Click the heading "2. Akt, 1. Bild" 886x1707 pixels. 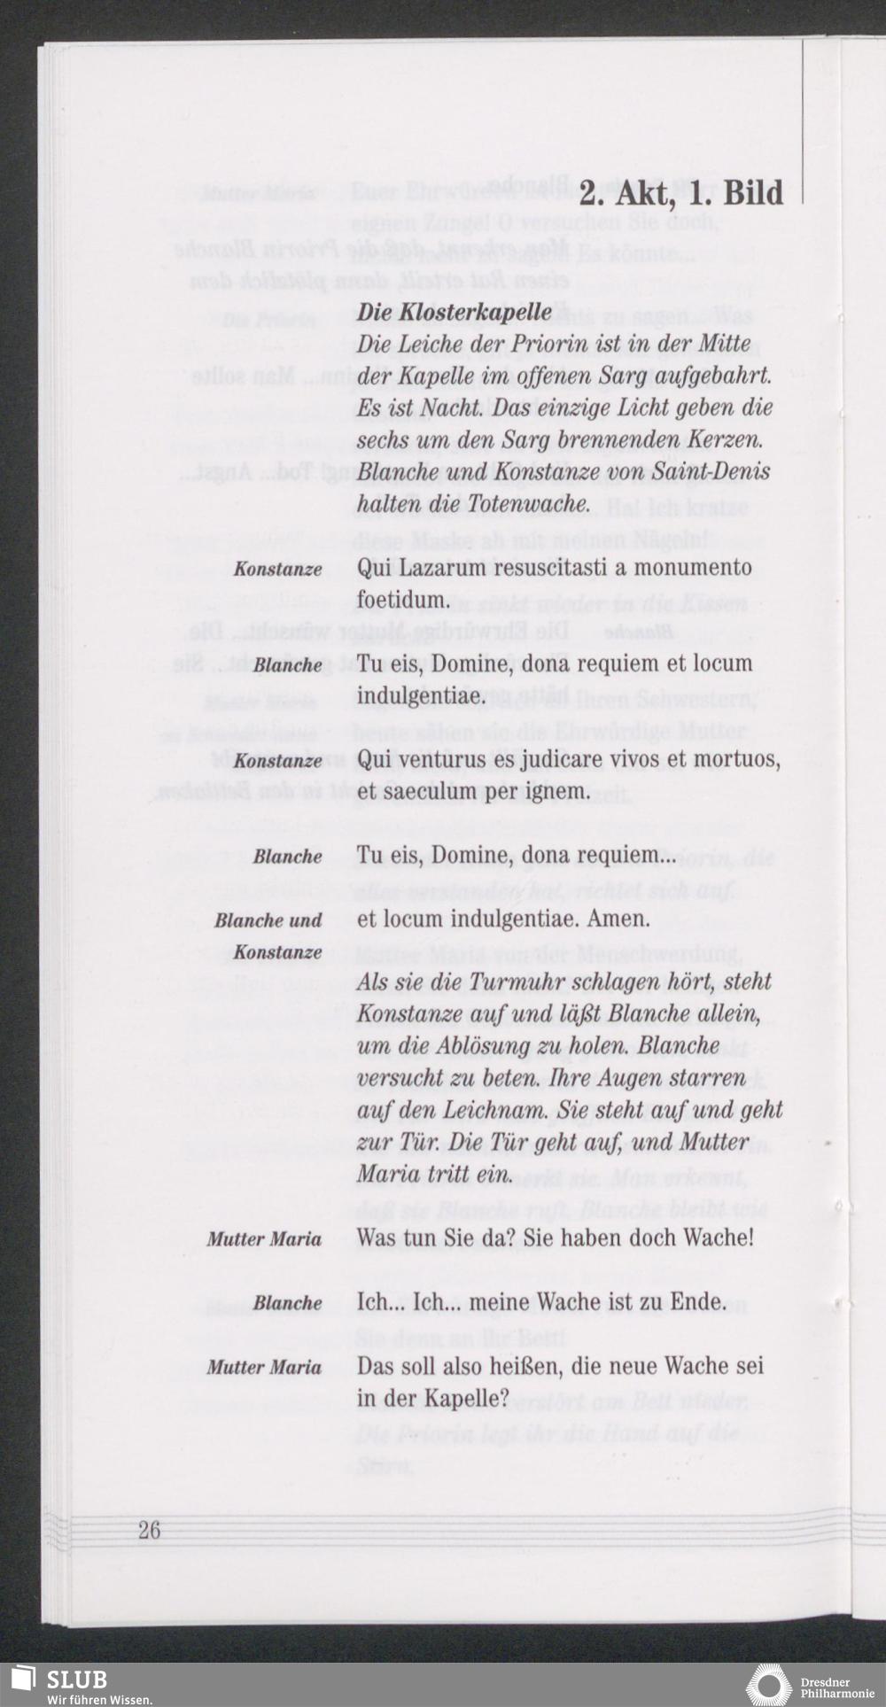(681, 194)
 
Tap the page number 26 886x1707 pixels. (149, 1530)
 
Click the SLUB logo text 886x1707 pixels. (77, 1680)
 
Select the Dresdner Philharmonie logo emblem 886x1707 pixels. (768, 1684)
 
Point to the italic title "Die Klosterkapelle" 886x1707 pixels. (454, 313)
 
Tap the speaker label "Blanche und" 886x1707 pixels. (268, 920)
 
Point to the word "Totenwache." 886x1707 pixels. (528, 504)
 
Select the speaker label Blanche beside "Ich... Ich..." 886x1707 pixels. (287, 1303)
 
